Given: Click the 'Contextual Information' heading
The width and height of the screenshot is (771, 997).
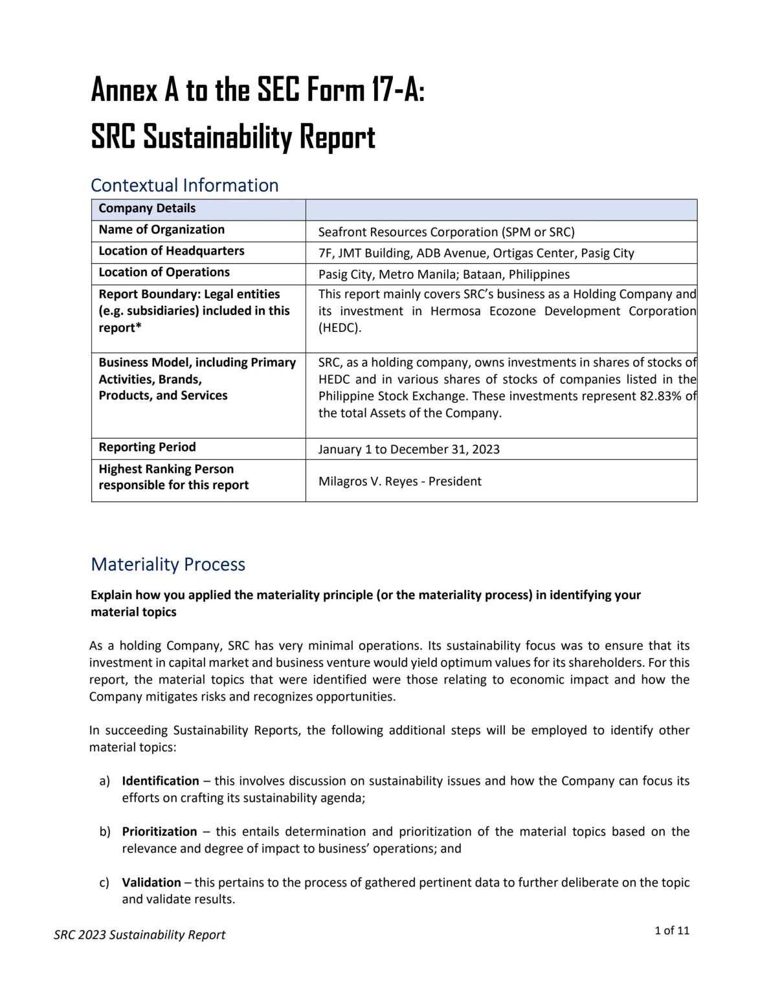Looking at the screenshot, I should (184, 186).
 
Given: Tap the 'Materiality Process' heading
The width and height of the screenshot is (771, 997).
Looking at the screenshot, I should (168, 564).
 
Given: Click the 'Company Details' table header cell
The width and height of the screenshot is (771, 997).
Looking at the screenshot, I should (147, 208).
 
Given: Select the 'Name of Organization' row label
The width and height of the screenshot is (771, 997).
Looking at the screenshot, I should (161, 230).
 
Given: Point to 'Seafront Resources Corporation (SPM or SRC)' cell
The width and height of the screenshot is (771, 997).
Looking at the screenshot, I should (446, 232).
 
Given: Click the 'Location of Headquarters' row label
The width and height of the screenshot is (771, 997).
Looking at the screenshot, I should (171, 251).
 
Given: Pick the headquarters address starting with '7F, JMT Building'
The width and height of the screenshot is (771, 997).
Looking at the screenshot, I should (476, 254).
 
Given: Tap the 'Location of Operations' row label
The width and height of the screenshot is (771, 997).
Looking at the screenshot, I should (164, 272).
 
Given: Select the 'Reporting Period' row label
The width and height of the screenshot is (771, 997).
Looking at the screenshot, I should (147, 447).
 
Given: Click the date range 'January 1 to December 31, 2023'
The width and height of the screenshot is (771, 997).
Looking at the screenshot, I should (408, 450).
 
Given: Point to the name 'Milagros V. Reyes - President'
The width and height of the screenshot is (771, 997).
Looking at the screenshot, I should (399, 481).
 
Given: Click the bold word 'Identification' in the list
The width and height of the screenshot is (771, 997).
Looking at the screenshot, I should (161, 781).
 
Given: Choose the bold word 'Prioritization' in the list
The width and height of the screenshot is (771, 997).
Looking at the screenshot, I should (159, 831).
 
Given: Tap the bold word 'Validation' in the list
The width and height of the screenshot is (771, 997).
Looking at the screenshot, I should (151, 882).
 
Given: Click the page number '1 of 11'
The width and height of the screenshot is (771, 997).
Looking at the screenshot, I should (672, 931).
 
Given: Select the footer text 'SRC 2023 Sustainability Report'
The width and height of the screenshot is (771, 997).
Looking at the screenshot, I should (140, 935).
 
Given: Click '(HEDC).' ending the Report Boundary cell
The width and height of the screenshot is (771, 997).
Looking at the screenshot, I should (340, 328).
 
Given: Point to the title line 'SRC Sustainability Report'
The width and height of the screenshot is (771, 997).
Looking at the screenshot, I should (233, 137).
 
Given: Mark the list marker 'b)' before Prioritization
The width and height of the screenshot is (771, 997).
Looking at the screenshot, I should (105, 831).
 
